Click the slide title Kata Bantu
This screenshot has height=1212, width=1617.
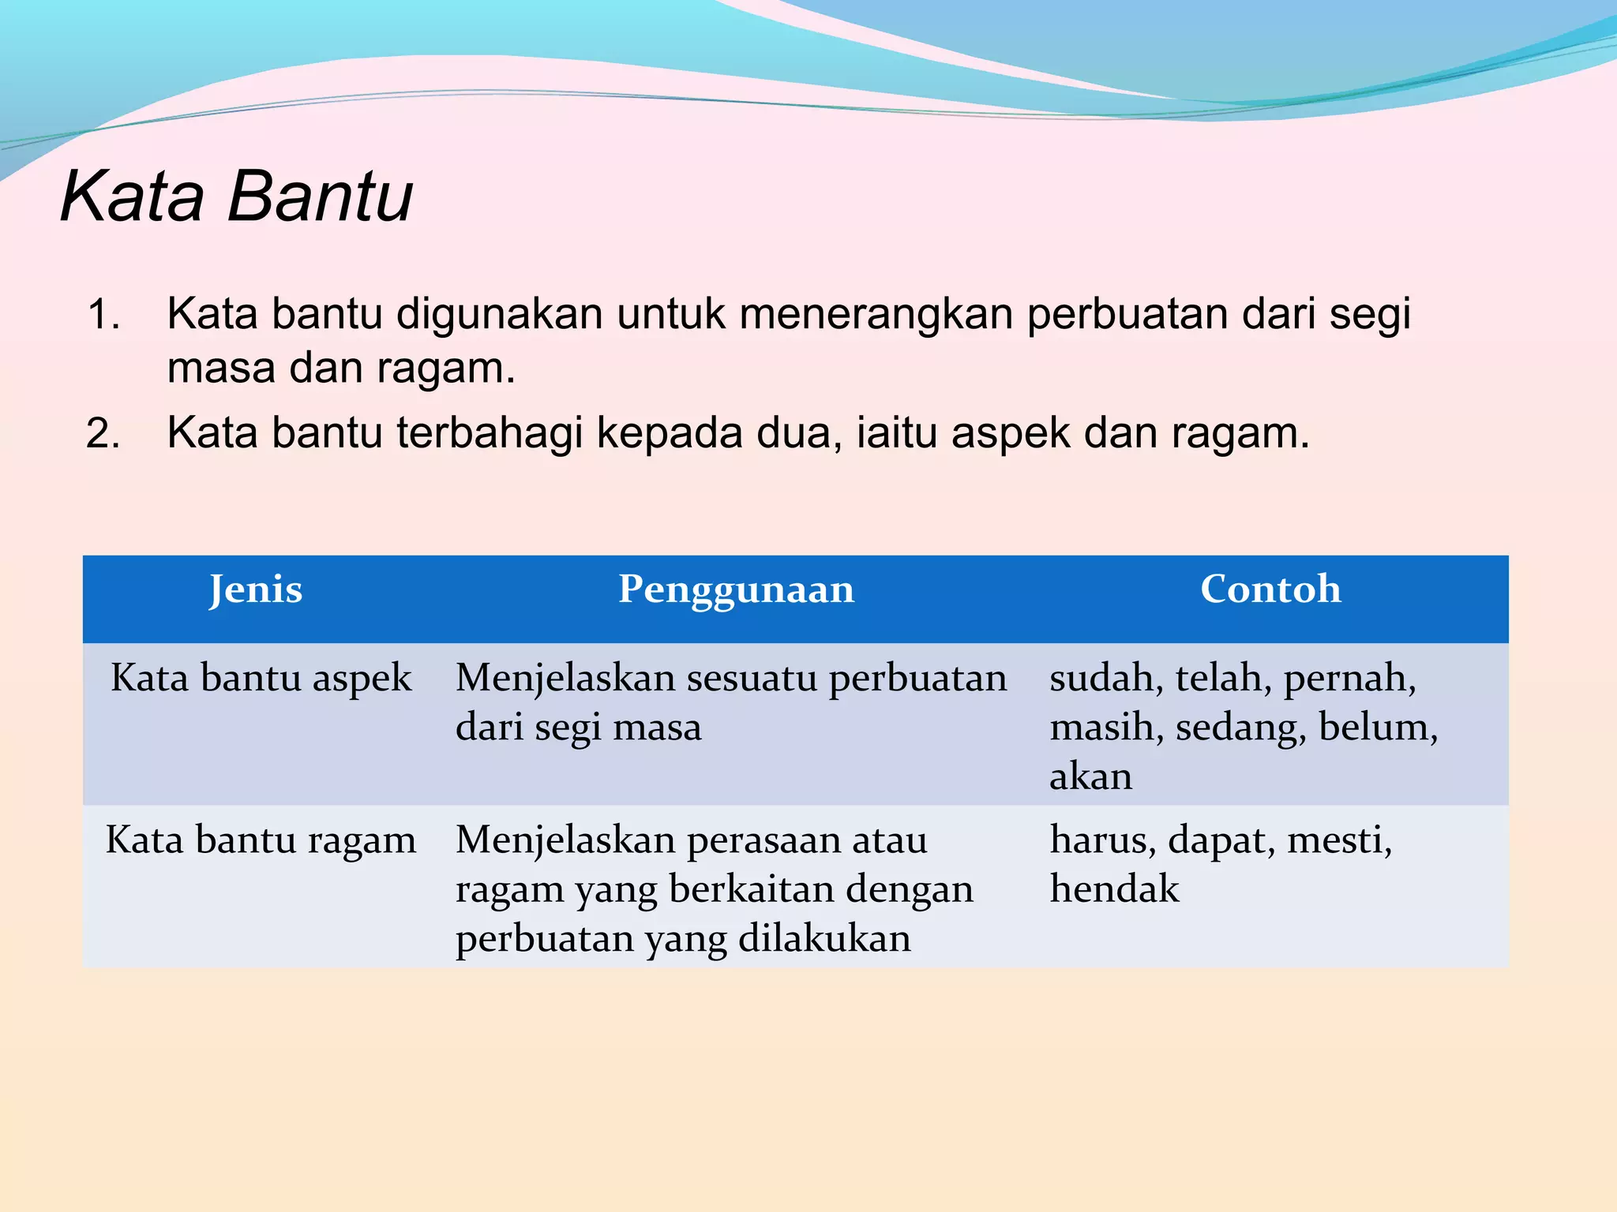(236, 196)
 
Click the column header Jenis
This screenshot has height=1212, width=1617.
(255, 589)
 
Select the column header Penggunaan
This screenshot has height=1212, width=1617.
(736, 589)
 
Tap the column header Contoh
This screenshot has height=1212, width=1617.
(1270, 589)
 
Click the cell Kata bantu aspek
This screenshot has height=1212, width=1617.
(261, 679)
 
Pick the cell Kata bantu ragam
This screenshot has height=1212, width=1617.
(261, 840)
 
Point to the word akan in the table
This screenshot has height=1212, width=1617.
(1090, 777)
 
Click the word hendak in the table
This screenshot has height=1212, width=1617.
(1114, 889)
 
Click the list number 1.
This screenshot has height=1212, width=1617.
(103, 315)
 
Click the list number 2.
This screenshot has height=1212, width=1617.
(103, 434)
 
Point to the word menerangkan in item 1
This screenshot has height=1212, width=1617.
(874, 314)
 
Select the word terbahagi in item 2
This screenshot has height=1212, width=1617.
(489, 433)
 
